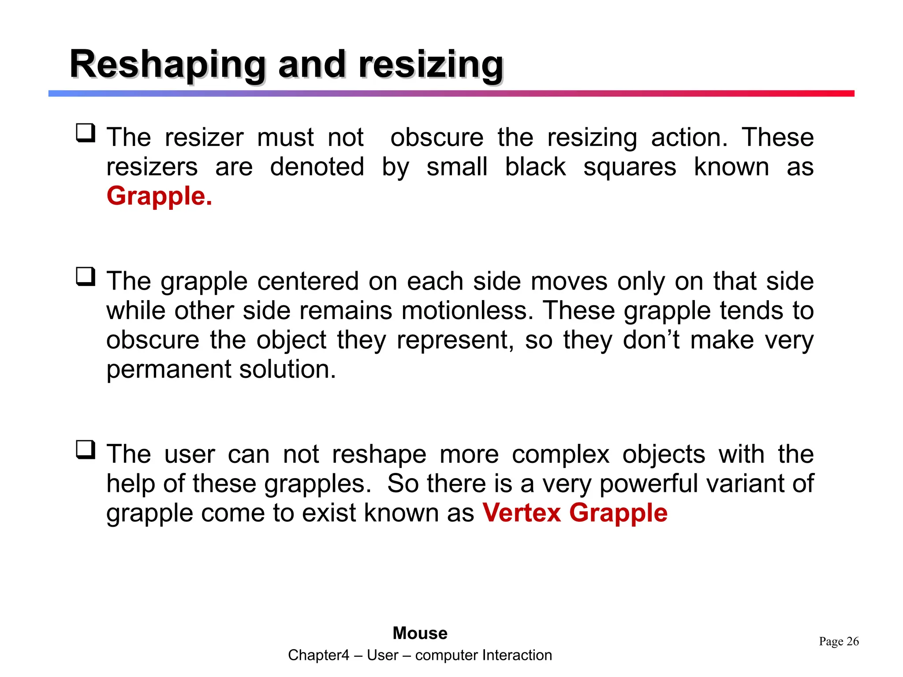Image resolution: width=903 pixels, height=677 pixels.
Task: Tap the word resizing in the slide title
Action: [x=430, y=65]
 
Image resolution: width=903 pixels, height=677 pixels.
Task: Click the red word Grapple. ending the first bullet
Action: [x=159, y=196]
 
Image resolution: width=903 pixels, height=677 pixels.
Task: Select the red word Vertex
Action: [x=521, y=513]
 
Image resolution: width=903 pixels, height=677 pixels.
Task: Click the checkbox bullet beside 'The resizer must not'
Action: [x=86, y=133]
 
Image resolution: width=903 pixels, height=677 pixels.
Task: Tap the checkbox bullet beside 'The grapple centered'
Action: [x=86, y=277]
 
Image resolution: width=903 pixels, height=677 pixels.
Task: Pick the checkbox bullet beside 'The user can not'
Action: [x=86, y=450]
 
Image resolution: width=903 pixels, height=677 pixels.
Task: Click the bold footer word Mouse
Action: [x=420, y=633]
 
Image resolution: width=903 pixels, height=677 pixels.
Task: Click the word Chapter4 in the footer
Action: [x=318, y=655]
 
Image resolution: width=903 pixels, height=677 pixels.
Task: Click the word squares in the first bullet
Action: [x=630, y=167]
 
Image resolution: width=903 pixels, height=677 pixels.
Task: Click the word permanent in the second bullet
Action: [x=168, y=369]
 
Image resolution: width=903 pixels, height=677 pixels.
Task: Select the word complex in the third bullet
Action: [x=560, y=454]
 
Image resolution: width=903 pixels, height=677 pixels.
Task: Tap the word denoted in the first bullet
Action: [x=317, y=167]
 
